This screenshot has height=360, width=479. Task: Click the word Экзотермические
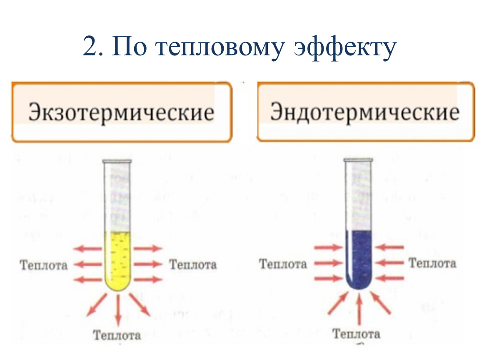click(x=121, y=113)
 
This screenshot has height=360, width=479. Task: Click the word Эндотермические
click(x=365, y=112)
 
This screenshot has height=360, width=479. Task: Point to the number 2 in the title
click(x=90, y=46)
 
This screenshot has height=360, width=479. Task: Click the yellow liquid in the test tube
click(x=118, y=260)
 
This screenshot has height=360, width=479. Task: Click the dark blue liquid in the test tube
click(x=359, y=259)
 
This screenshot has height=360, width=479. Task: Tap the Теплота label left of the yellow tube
click(x=44, y=265)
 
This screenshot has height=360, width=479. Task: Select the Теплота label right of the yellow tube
click(x=193, y=265)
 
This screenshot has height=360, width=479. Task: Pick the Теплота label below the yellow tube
click(x=117, y=335)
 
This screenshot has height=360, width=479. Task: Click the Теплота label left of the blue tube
click(x=283, y=264)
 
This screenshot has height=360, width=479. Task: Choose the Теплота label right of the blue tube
click(x=432, y=263)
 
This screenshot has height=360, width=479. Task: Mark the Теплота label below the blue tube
click(x=357, y=334)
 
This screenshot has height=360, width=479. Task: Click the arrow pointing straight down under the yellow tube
click(x=118, y=310)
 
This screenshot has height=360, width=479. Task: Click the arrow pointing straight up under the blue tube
click(x=359, y=309)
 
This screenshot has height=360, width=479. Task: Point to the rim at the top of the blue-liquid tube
click(x=358, y=160)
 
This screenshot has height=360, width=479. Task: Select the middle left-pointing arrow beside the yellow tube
click(x=88, y=264)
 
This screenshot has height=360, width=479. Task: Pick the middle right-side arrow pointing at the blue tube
click(x=389, y=262)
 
